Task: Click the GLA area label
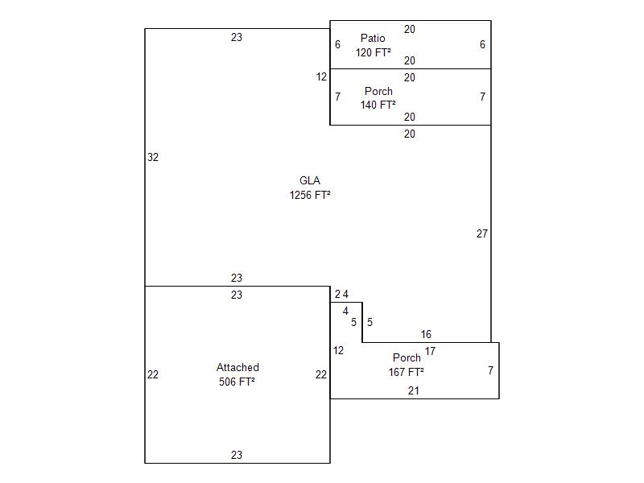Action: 310,180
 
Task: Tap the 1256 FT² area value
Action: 310,195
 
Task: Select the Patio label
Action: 373,38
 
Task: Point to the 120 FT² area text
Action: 374,52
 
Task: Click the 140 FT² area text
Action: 378,105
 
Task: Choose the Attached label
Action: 237,368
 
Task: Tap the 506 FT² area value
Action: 237,382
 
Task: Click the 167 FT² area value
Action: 407,372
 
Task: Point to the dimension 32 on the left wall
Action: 153,158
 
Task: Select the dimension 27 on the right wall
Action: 482,233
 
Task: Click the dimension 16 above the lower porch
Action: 426,334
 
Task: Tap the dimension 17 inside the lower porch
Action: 431,351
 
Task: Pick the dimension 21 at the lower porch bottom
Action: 413,390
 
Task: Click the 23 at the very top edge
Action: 237,37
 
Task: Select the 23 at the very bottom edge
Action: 237,455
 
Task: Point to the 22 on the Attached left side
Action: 153,374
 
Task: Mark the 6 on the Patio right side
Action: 482,45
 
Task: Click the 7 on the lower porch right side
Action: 490,370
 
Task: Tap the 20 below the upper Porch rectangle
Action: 410,134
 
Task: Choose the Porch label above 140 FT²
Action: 378,92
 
